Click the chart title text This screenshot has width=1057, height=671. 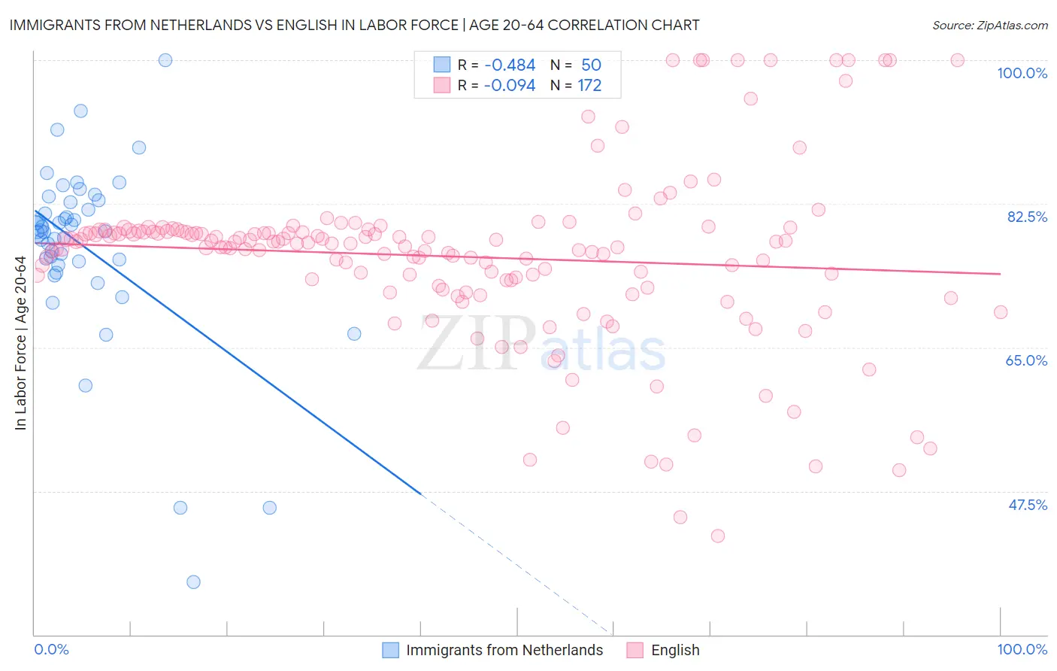point(354,25)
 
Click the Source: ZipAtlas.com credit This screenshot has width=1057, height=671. point(989,25)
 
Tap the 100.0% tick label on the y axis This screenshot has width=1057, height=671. point(1022,73)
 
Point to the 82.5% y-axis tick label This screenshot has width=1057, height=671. point(1027,217)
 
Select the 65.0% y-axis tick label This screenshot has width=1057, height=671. point(1026,360)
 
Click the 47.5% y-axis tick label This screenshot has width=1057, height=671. point(1027,505)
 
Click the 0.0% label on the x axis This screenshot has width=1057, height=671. point(51,649)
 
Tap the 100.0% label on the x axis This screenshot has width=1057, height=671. point(1022,649)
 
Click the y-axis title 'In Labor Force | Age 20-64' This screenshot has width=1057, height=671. point(21,343)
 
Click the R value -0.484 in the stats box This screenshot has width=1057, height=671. point(510,65)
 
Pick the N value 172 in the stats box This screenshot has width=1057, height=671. point(589,86)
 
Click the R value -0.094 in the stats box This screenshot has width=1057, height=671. point(510,86)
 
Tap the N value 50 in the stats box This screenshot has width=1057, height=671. point(591,65)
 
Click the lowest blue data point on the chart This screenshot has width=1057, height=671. point(193,581)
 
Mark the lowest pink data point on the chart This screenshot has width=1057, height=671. point(717,536)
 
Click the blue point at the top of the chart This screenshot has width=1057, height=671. point(165,60)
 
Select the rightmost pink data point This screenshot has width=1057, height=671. point(1000,312)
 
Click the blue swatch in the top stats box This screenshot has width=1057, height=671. point(441,65)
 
